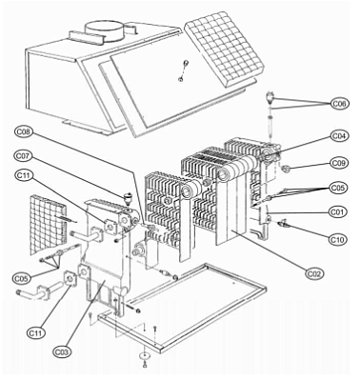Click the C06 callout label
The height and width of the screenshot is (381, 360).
point(339,104)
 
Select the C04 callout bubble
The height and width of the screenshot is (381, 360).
point(339,135)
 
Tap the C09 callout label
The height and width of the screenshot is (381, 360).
point(339,163)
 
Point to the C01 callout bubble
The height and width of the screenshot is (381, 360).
point(337,211)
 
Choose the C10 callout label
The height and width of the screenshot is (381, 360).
point(337,239)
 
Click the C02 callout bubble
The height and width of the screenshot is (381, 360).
point(315,273)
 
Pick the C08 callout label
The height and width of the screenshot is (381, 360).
point(24,131)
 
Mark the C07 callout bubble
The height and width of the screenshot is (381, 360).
point(23,156)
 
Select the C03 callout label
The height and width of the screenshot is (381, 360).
point(62,351)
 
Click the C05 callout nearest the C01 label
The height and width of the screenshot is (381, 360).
point(338,188)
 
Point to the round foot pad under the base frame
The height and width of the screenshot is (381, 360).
point(145,356)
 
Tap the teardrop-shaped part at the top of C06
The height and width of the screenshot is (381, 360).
point(270,97)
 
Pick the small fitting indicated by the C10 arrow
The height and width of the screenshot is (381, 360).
point(283,224)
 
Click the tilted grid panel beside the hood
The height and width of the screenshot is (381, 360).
point(225,50)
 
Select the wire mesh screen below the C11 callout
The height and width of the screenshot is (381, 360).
point(49,225)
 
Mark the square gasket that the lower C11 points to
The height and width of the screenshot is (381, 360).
point(70,279)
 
